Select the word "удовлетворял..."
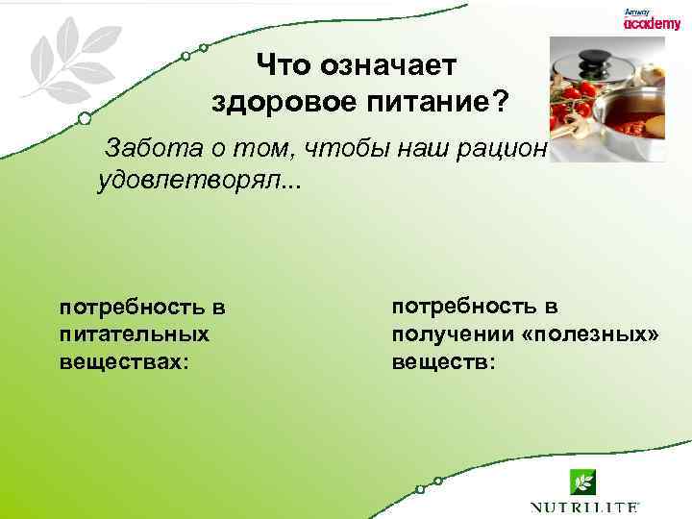(199, 182)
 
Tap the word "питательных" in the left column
(135, 335)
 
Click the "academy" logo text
(652, 25)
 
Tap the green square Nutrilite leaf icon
(582, 482)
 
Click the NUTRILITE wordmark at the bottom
(584, 507)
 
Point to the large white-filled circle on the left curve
(85, 118)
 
